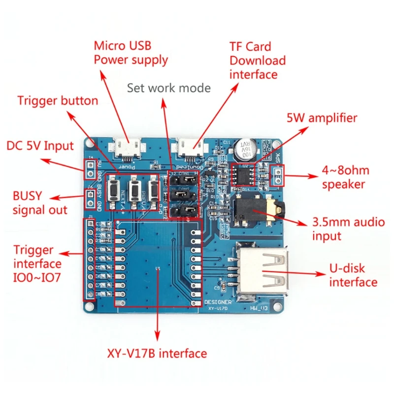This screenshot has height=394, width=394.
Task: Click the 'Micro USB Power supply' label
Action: coord(131,53)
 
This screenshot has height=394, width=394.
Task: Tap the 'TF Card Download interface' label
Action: coord(257,61)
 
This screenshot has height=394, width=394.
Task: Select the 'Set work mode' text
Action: coord(168,88)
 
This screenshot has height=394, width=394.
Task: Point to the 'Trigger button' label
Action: coord(58,101)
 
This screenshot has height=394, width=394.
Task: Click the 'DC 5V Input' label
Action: coord(40,146)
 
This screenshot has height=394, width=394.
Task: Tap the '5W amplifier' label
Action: coord(322,118)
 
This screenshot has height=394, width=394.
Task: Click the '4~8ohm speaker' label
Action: coord(344,177)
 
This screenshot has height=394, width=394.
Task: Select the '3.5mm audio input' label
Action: coord(348,229)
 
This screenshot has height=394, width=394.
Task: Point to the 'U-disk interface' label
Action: coord(353,275)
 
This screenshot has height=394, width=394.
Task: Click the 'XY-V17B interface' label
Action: coord(157,353)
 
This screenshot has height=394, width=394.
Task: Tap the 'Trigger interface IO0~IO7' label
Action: coord(37,264)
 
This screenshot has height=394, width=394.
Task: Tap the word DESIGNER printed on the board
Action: coord(217,302)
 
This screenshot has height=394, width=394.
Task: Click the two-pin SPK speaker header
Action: coord(277,175)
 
